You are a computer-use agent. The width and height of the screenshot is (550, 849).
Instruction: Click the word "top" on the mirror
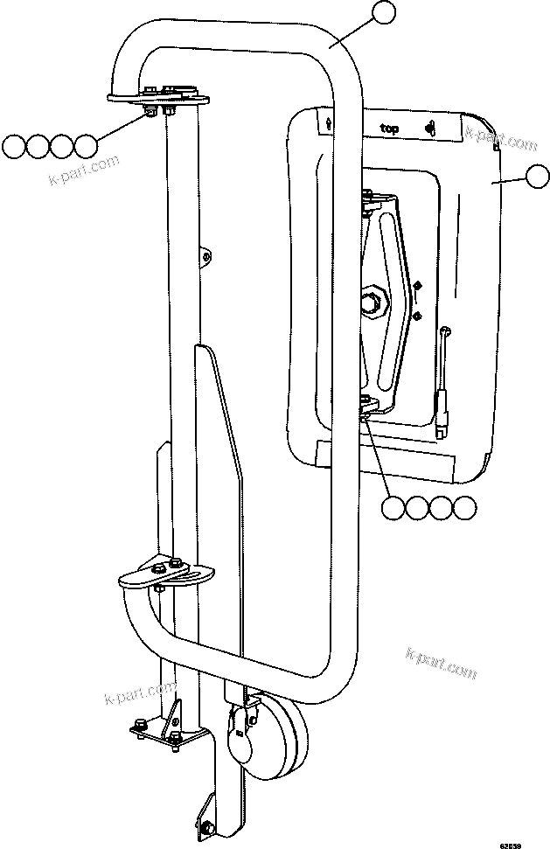point(389,129)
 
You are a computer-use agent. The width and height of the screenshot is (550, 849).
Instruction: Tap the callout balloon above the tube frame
point(383,13)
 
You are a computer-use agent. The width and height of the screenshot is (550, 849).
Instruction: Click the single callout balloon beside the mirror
point(535,178)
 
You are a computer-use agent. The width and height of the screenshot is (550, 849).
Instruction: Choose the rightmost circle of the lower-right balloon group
point(464,508)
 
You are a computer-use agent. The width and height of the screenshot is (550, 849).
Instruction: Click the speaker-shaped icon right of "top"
point(431,129)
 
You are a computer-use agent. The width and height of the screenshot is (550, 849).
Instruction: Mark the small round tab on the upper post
point(206,255)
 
